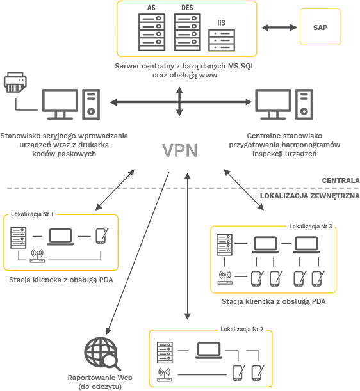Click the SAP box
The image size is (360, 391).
[320, 27]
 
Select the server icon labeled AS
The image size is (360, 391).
[152, 32]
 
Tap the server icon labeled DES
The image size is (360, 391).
[187, 32]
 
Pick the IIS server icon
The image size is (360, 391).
[222, 40]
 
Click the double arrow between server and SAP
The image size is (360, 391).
[279, 28]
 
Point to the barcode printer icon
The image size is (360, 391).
[15, 83]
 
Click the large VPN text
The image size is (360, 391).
[180, 150]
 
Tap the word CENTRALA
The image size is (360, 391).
[341, 180]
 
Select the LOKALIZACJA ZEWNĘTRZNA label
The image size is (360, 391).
[310, 196]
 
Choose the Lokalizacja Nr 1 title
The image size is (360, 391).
[32, 214]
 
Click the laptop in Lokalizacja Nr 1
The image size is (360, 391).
[60, 237]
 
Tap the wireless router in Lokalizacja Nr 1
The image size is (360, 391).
[37, 255]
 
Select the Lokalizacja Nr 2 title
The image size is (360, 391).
[242, 329]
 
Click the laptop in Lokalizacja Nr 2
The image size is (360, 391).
[209, 350]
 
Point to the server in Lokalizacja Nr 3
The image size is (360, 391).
[224, 244]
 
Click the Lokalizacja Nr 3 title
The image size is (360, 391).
[311, 226]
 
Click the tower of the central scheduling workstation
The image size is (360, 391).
[304, 104]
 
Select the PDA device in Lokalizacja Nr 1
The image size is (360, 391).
[102, 235]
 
